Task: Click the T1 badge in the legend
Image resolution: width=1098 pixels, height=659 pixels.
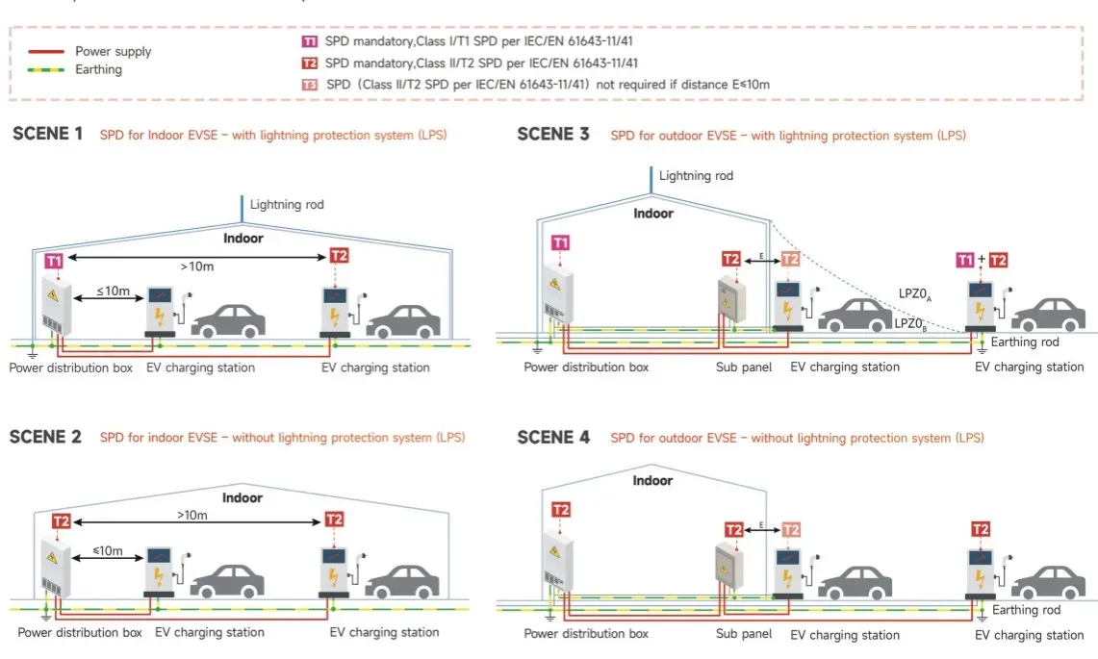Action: pos(310,41)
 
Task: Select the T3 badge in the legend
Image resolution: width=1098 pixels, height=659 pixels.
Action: pos(310,85)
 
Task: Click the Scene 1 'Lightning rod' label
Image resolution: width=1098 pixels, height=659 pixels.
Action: pos(287,205)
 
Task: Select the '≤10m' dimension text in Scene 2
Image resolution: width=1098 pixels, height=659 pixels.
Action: pos(107,551)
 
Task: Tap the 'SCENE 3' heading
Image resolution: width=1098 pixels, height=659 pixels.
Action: pos(552,135)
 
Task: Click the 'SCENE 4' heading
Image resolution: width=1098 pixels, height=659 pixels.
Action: pos(552,438)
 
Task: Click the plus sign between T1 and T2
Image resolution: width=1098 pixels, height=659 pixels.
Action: pos(981,260)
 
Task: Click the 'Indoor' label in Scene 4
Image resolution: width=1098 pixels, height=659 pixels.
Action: pos(652,479)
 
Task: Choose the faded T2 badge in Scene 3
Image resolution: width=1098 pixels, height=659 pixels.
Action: pos(790,259)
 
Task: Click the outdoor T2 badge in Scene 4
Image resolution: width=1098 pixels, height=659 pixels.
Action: pos(981,529)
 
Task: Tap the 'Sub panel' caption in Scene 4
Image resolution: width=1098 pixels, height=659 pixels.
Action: pos(744,634)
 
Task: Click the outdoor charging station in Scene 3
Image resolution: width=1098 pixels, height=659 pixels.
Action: pos(981,303)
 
